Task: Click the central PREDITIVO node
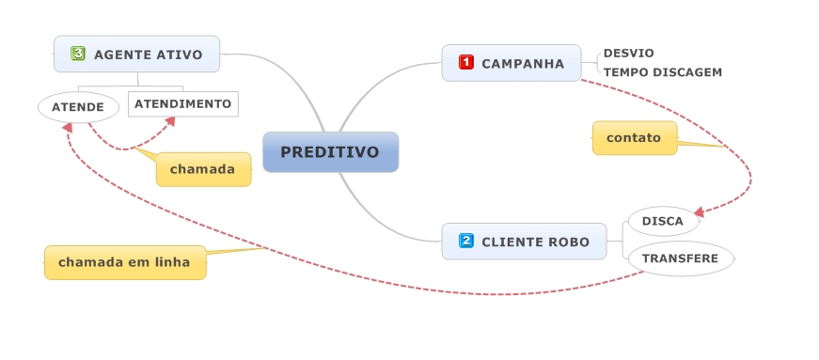331,152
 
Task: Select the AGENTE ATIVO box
137,54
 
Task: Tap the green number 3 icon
78,54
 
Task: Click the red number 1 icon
465,63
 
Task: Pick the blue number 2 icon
465,241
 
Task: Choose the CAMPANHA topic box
512,63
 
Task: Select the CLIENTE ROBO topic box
525,242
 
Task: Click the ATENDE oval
78,107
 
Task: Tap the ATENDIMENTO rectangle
183,104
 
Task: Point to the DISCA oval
663,221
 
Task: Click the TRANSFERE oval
681,258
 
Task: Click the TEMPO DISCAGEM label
663,72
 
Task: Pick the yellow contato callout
635,138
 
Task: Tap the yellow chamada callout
204,169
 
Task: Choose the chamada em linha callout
125,262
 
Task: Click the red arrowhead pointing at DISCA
700,212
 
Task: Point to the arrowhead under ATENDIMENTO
169,121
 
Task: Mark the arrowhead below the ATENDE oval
68,127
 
